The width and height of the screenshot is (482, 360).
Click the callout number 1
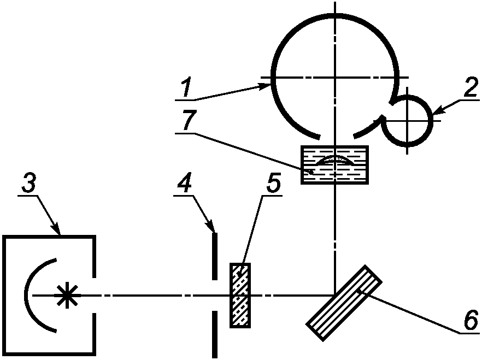(x=187, y=88)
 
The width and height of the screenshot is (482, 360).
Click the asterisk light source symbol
(x=66, y=296)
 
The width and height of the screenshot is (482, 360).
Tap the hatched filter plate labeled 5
(x=240, y=296)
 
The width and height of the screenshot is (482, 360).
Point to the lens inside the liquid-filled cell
(x=335, y=160)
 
